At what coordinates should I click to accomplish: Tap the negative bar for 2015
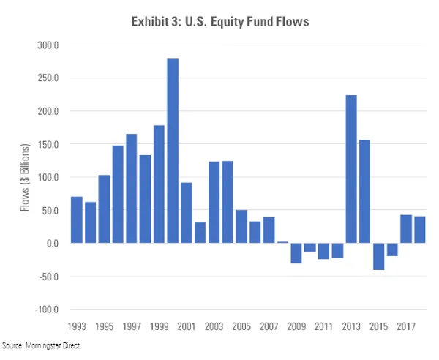point(378,257)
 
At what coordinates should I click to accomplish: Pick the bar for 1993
point(76,220)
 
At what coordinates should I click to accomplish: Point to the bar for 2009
point(296,253)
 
